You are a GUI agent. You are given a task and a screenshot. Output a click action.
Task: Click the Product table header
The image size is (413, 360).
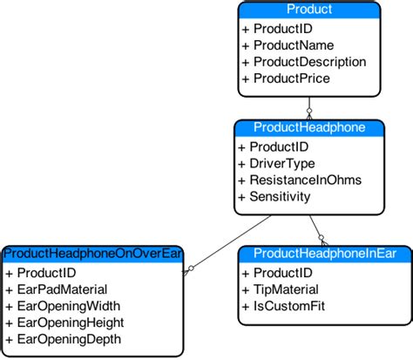point(309,10)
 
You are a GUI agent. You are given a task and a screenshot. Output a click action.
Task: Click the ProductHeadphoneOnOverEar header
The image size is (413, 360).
point(91,254)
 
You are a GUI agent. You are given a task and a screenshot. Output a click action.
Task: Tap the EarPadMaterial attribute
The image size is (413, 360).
point(57,289)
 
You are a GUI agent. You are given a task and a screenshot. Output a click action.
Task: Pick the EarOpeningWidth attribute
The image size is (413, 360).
point(63,305)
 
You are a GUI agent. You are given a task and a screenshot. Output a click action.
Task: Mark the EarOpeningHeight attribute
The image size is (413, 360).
point(64,323)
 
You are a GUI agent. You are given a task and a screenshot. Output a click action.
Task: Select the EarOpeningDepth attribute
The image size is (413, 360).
point(63,339)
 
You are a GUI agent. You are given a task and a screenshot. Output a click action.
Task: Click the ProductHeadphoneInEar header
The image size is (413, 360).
point(324,254)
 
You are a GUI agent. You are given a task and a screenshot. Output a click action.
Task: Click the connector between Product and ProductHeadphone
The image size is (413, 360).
point(308,107)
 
